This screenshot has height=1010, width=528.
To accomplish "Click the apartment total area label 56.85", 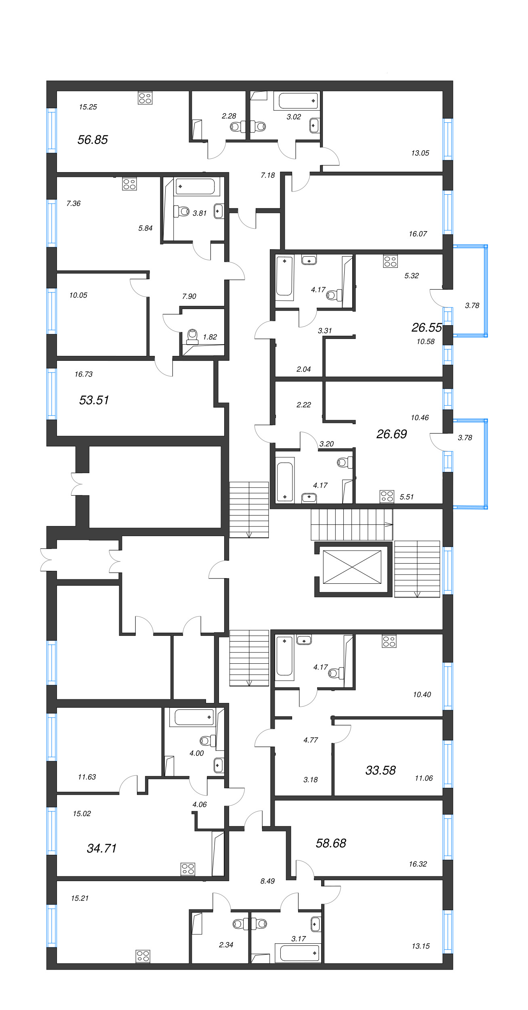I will pyautogui.click(x=93, y=140).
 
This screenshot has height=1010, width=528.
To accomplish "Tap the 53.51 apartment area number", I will pyautogui.click(x=94, y=400).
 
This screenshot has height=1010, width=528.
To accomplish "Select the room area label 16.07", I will pyautogui.click(x=418, y=234).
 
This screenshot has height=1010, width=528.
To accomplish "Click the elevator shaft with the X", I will pyautogui.click(x=352, y=567).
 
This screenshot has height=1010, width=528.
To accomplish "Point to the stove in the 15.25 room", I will pyautogui.click(x=145, y=98).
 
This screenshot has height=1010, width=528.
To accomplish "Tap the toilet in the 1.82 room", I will pyautogui.click(x=193, y=335).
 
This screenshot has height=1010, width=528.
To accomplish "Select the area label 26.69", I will pyautogui.click(x=391, y=434).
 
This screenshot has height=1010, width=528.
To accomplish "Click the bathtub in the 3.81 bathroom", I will pyautogui.click(x=196, y=187).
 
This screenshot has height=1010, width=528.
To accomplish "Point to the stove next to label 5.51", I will pyautogui.click(x=387, y=497).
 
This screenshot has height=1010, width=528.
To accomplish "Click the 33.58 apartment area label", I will pyautogui.click(x=381, y=770).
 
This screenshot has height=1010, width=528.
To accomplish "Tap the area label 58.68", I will pyautogui.click(x=331, y=843).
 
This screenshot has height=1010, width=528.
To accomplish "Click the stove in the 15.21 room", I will pyautogui.click(x=143, y=956).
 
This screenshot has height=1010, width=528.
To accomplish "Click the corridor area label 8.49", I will pyautogui.click(x=267, y=881).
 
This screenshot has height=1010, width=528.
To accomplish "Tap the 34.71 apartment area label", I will pyautogui.click(x=102, y=848).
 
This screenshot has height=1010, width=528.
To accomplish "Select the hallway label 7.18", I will pyautogui.click(x=267, y=175).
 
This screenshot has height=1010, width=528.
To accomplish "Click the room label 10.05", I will pyautogui.click(x=78, y=295).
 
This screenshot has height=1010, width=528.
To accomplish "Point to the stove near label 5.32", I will pyautogui.click(x=390, y=261).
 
